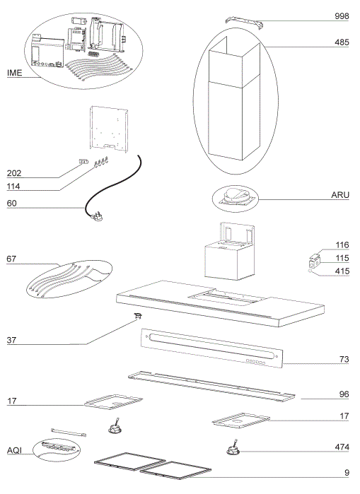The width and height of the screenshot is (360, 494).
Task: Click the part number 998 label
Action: (x=342, y=16)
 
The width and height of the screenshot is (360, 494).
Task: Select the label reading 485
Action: (x=342, y=42)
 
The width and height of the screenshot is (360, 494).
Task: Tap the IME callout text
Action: (x=15, y=72)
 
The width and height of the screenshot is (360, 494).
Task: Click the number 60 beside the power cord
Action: (x=11, y=204)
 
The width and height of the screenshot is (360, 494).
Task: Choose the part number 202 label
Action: (x=14, y=173)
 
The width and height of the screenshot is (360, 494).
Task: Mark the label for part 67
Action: (x=11, y=259)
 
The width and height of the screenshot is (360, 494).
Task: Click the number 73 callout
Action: (x=344, y=360)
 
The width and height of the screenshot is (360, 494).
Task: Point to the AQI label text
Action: (x=15, y=449)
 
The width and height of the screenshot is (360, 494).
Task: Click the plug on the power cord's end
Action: (x=94, y=218)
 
